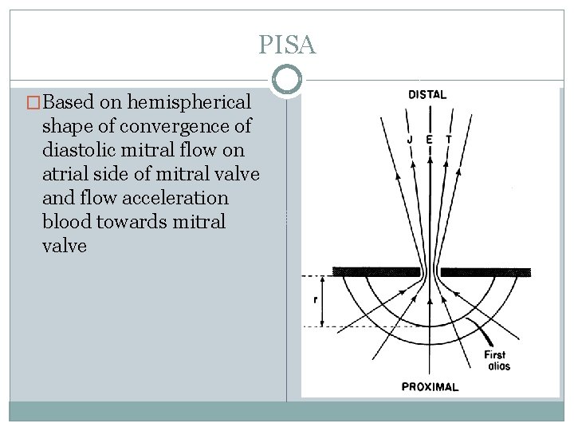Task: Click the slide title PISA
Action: tap(287, 45)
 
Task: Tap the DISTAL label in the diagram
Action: tap(427, 94)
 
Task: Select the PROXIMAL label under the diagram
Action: tap(430, 387)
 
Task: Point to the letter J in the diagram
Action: tap(409, 139)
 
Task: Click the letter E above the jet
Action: tap(430, 139)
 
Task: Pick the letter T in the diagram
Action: tap(449, 139)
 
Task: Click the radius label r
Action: tap(317, 301)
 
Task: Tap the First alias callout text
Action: tap(495, 360)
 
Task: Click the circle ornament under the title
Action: tap(287, 80)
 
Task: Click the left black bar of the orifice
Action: tap(376, 271)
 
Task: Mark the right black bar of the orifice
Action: tap(486, 271)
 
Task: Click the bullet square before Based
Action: tap(33, 103)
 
